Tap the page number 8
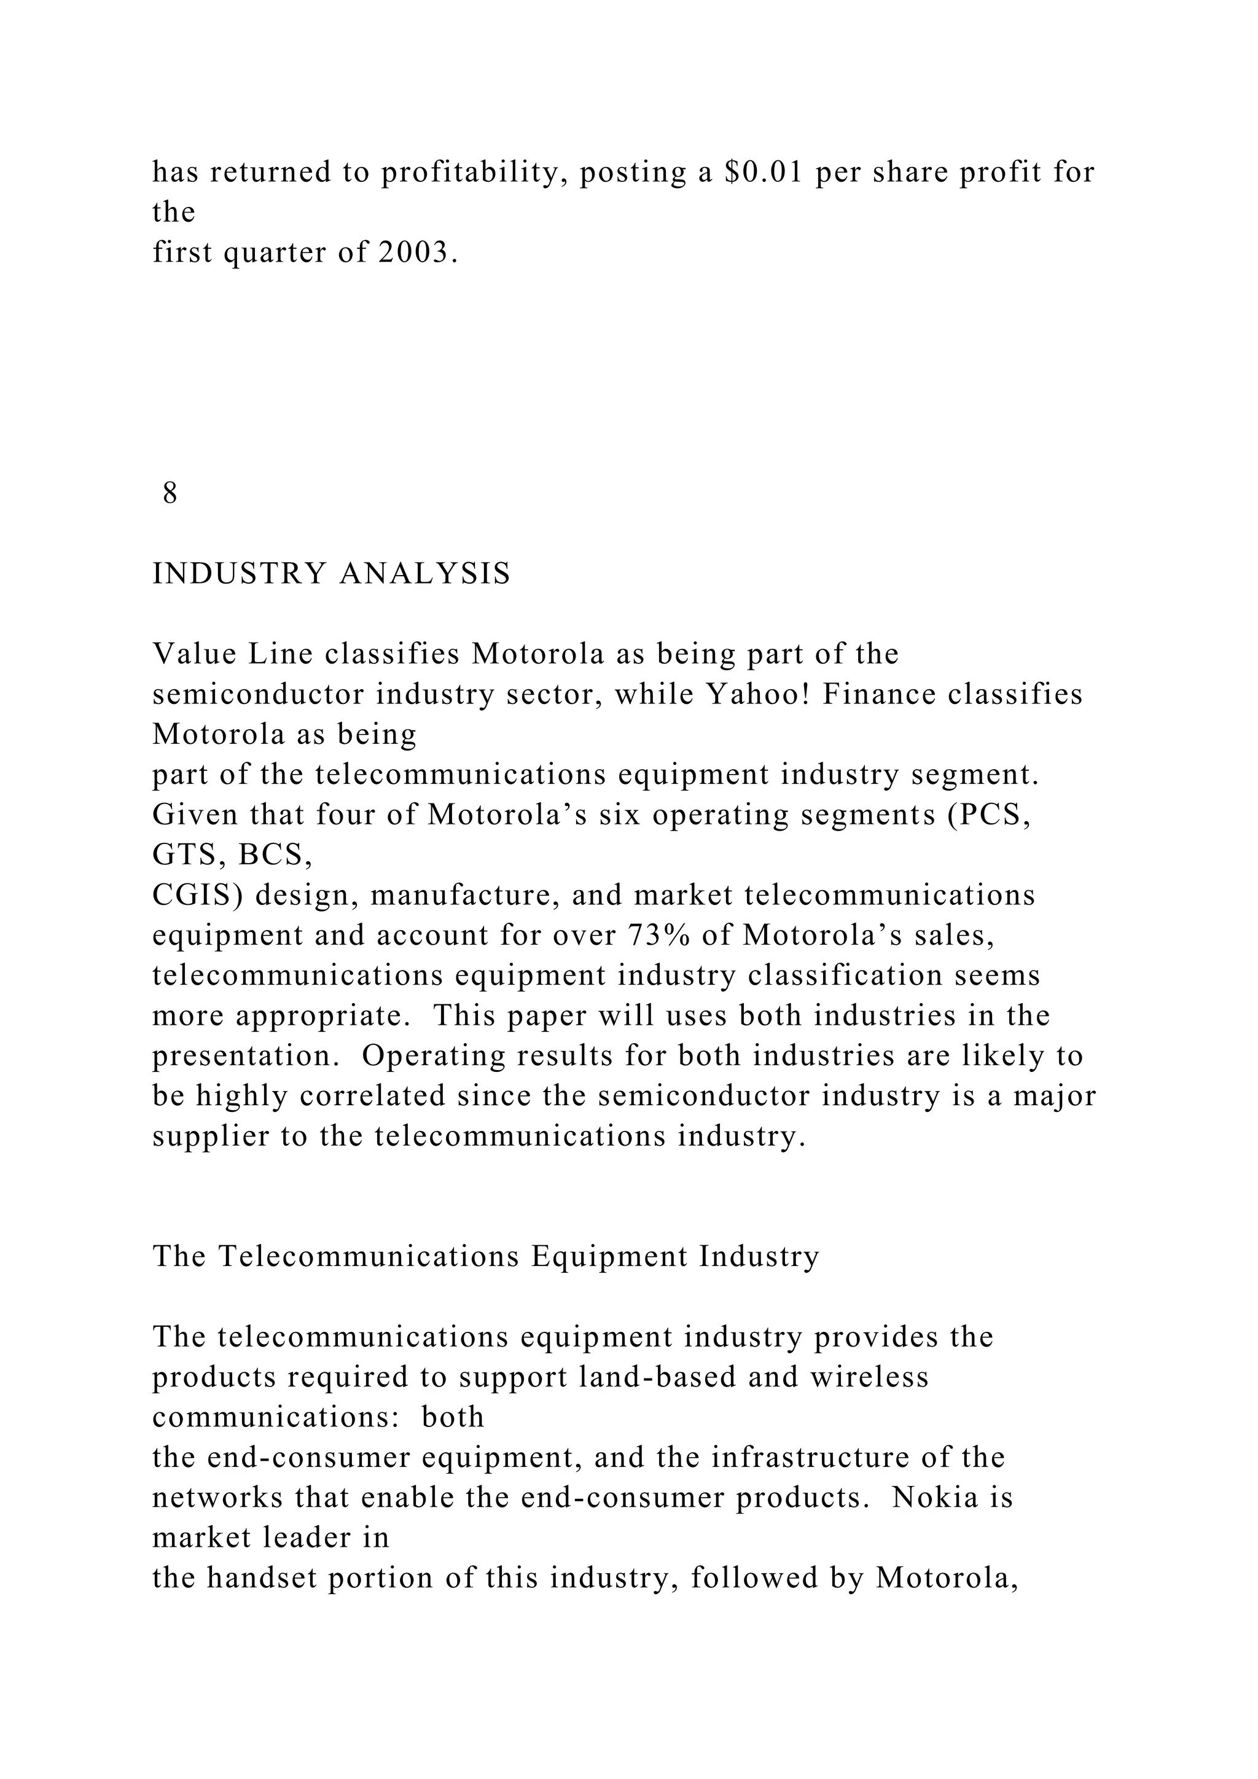(x=170, y=493)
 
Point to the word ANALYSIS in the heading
(x=425, y=573)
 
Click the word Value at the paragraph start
(x=193, y=654)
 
